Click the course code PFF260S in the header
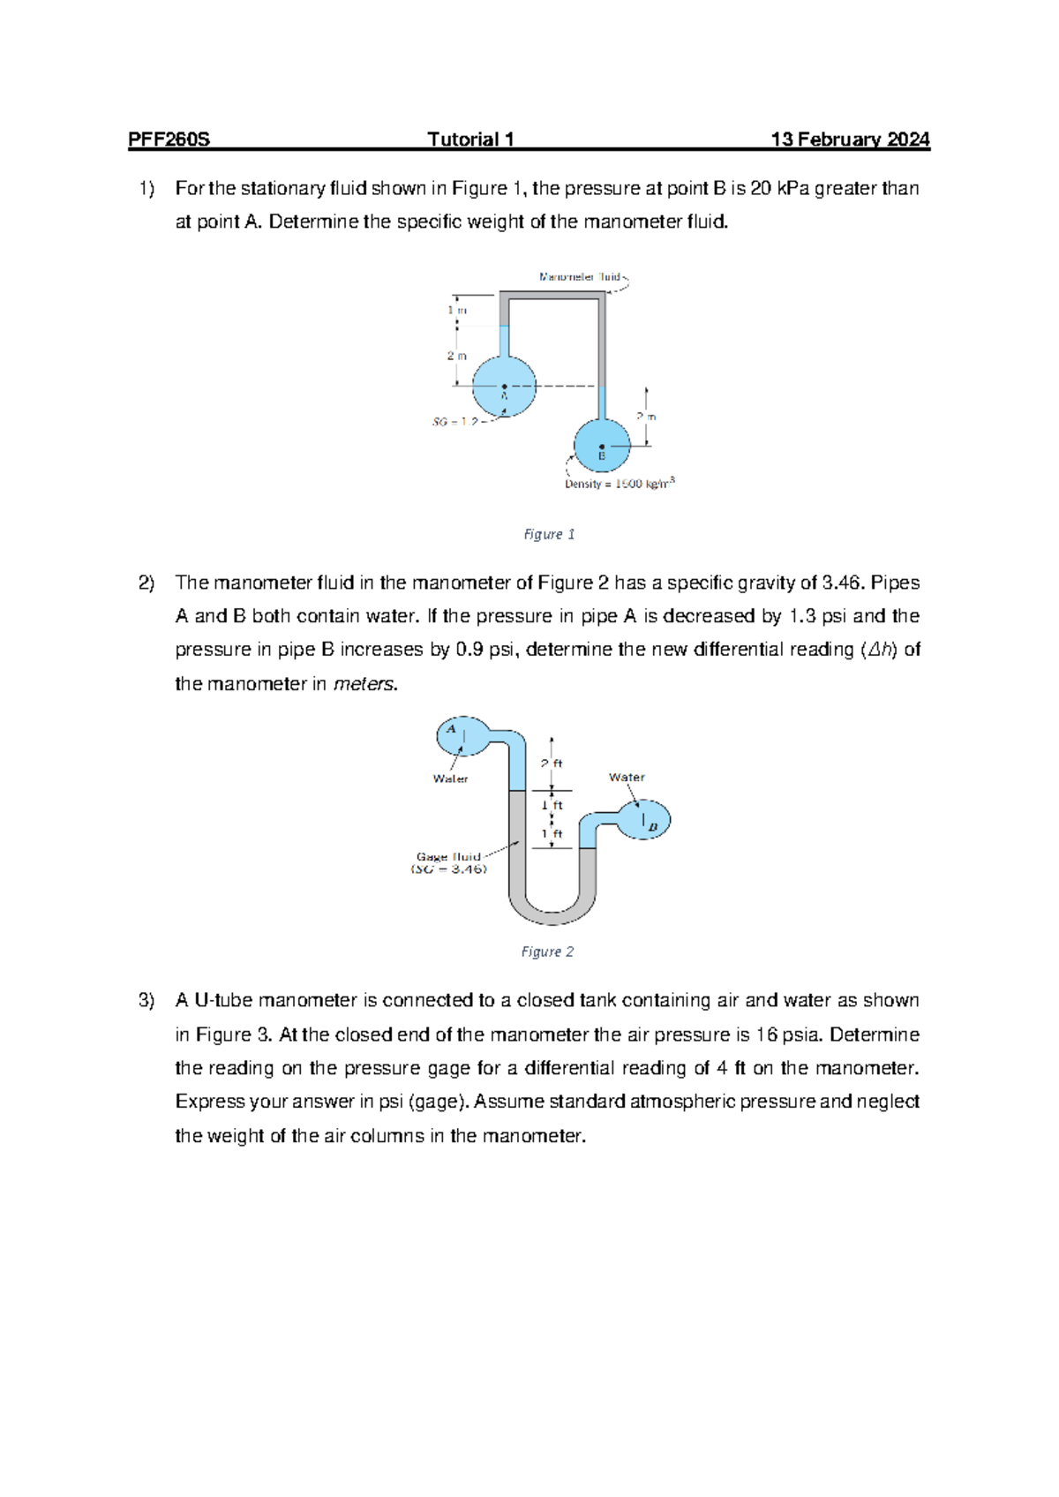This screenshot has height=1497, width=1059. [x=169, y=139]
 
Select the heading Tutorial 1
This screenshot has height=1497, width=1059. [x=470, y=139]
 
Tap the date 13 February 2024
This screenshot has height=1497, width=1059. [x=850, y=139]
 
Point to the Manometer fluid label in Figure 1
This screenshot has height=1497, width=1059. [x=580, y=277]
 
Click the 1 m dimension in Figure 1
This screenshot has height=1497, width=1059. [x=457, y=310]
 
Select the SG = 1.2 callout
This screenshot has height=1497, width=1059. [x=455, y=422]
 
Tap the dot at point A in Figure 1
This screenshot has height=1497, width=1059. [x=504, y=387]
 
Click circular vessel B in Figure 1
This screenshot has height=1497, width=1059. [x=603, y=446]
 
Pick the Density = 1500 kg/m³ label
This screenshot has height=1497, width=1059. [x=620, y=484]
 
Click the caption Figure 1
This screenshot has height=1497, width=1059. [x=549, y=534]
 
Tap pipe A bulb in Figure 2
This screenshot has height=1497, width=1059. [x=462, y=734]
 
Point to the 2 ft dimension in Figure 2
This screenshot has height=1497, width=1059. [x=552, y=764]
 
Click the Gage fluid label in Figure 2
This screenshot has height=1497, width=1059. [x=448, y=857]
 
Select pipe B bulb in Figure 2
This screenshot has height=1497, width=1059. [x=643, y=820]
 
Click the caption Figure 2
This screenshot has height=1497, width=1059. [x=547, y=952]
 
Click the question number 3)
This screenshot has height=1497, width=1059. [x=146, y=1000]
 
